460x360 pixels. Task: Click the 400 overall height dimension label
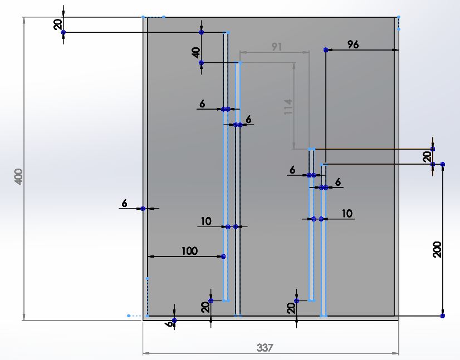18,176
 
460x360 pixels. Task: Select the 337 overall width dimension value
265,348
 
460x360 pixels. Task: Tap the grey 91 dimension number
277,47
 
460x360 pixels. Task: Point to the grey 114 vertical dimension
288,107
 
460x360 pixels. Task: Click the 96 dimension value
353,45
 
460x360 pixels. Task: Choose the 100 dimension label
189,251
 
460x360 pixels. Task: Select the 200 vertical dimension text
437,249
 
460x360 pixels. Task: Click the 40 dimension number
196,53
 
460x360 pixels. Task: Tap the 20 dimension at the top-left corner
58,24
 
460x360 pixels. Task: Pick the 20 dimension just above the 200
427,157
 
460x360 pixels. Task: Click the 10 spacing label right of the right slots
347,214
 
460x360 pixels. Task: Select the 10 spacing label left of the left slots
206,221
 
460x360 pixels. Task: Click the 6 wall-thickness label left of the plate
124,203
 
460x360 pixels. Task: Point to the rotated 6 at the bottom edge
169,324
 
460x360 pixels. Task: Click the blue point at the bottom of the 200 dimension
443,315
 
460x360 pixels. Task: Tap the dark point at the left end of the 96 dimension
326,50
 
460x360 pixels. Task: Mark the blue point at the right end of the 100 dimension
223,257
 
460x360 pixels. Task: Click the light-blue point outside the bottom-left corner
129,315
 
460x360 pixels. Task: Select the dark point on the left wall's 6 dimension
143,209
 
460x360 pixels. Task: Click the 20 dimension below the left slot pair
205,307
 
